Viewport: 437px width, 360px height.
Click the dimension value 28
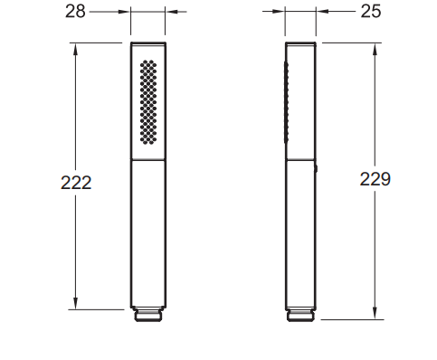(75, 12)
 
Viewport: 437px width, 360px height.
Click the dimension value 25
(371, 12)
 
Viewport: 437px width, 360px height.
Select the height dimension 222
(76, 183)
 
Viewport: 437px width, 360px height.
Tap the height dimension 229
(375, 179)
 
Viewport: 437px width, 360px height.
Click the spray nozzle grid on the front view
(148, 102)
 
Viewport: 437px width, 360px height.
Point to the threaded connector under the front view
(148, 315)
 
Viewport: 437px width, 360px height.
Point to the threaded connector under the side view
(300, 315)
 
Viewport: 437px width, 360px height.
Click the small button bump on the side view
(317, 169)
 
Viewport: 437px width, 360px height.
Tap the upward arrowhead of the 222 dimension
(75, 49)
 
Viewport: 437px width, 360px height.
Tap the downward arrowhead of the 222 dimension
(75, 303)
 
